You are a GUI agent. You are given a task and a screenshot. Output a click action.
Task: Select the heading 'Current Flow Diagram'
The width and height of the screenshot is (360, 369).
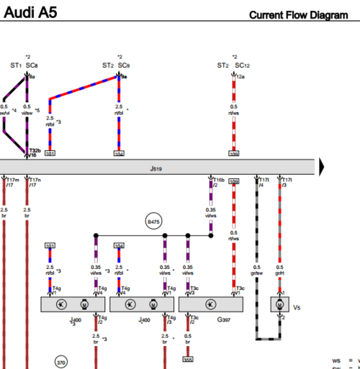point(303,14)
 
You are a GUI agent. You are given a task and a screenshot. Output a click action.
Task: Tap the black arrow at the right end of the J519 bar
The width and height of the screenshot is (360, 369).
point(323,167)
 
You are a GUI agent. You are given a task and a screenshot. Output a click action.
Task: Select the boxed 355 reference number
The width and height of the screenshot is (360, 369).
point(188,360)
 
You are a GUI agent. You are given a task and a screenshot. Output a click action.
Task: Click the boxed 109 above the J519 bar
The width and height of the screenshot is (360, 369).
point(234,154)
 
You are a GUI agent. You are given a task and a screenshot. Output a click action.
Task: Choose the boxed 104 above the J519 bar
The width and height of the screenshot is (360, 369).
point(120,154)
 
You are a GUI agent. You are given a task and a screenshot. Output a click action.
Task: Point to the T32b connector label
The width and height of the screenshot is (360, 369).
point(35,149)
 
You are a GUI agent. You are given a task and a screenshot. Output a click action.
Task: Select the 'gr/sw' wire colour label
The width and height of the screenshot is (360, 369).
point(257,272)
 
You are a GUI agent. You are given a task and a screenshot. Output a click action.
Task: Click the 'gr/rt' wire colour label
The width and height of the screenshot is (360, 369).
point(281,272)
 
